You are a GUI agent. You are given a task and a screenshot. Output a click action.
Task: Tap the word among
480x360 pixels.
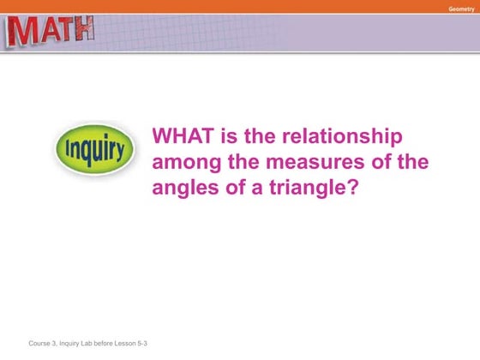point(184,162)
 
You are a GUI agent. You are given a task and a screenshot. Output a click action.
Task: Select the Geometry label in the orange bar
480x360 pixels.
point(459,8)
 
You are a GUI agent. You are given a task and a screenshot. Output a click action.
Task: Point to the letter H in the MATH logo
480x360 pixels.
point(83,32)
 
